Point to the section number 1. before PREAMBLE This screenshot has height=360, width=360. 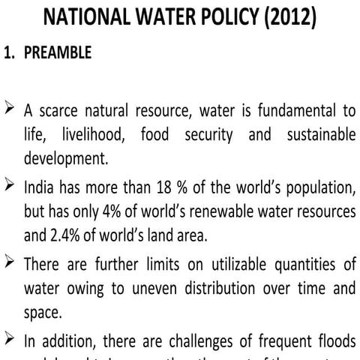[13, 54]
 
